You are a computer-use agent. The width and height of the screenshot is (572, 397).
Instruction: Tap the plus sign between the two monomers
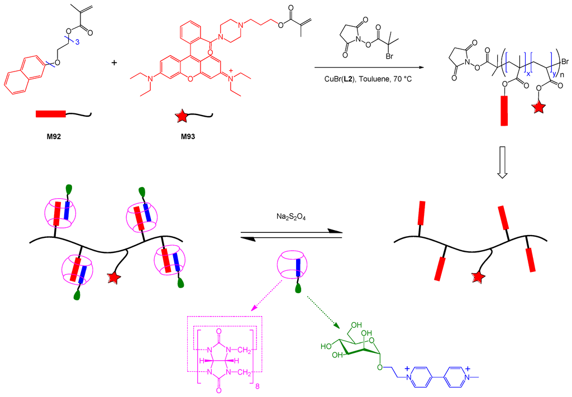coord(115,62)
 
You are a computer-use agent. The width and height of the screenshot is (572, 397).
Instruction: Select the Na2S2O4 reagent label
coord(289,213)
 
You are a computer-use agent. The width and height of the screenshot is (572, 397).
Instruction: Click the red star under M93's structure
coord(182,117)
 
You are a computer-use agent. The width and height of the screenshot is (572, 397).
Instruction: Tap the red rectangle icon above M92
coord(51,114)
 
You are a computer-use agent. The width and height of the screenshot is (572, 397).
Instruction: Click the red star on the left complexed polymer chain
coord(115,278)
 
